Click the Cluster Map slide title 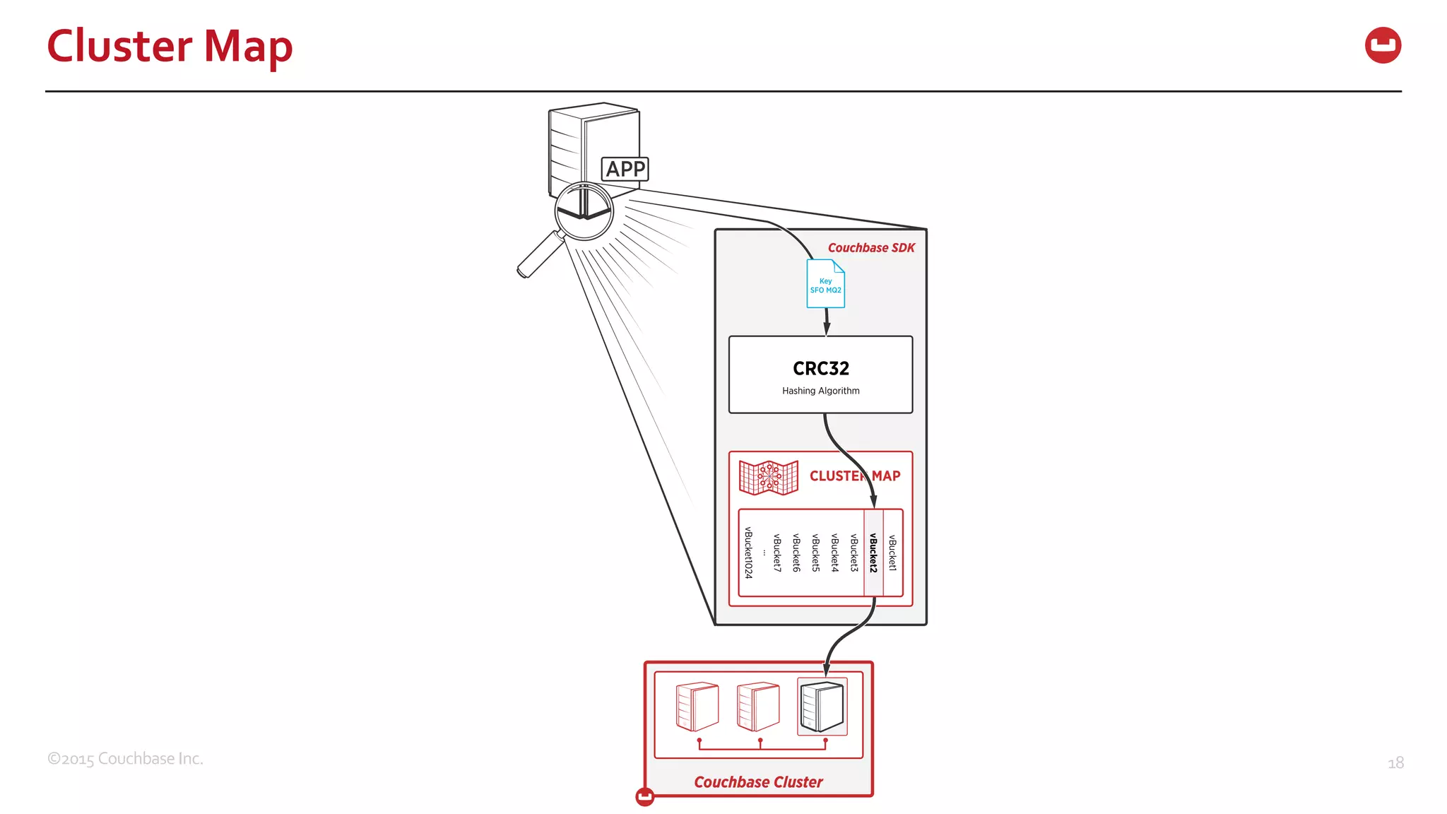[x=170, y=47]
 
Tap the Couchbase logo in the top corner [x=1383, y=45]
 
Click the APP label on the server [x=625, y=169]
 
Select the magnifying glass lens [x=584, y=211]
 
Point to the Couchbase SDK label [x=870, y=248]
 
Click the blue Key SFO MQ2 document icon [x=825, y=285]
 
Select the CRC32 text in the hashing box [x=820, y=368]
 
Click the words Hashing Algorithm [x=820, y=391]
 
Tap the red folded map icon [x=768, y=477]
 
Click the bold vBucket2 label [x=873, y=553]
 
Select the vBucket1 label [x=892, y=553]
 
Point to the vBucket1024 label [x=748, y=553]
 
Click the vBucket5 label [x=815, y=553]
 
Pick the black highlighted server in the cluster [x=822, y=707]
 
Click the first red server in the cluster [x=697, y=707]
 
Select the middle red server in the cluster [x=758, y=707]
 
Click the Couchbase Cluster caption [x=758, y=782]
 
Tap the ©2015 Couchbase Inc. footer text [x=125, y=759]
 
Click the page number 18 [x=1395, y=763]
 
